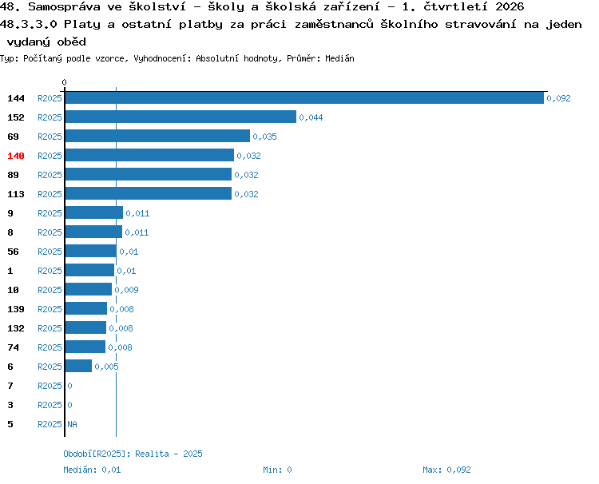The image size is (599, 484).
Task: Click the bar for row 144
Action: (304, 97)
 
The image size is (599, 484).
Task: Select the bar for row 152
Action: (180, 117)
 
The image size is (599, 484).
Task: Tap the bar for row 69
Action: (157, 136)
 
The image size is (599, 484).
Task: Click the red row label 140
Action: (16, 156)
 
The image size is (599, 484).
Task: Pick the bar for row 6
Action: (78, 366)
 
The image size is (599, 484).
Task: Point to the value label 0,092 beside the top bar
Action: (558, 98)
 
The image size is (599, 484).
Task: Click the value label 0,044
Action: (311, 117)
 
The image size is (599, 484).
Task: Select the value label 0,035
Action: (264, 137)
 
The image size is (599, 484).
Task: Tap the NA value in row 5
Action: (72, 424)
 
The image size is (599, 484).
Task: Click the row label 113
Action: (16, 194)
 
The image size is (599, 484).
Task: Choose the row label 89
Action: (13, 175)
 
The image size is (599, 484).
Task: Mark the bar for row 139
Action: (86, 308)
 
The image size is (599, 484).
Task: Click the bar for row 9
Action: (94, 212)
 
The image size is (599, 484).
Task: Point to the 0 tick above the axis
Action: (64, 82)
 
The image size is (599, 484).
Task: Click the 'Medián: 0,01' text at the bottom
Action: (92, 470)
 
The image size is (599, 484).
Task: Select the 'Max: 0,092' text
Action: (446, 470)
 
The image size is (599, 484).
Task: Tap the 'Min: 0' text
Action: (277, 470)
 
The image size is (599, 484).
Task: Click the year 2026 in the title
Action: (510, 6)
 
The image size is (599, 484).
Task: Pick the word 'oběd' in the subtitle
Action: (71, 42)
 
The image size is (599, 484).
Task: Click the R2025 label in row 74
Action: (50, 347)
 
